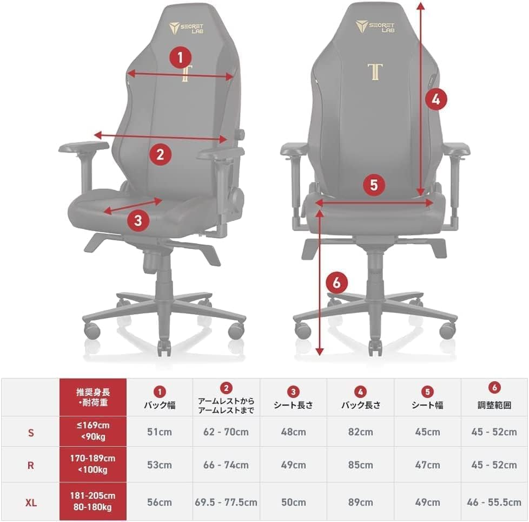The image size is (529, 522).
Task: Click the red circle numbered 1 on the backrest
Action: (x=180, y=57)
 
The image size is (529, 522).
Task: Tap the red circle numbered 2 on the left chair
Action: (x=160, y=155)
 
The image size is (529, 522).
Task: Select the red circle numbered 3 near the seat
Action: (x=138, y=220)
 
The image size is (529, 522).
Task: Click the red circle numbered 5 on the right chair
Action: (x=374, y=185)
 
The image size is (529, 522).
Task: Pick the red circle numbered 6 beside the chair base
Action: (x=336, y=282)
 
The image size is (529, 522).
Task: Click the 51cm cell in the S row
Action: (x=160, y=432)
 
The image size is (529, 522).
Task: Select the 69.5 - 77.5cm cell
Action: (x=226, y=502)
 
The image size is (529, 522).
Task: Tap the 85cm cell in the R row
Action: (x=361, y=465)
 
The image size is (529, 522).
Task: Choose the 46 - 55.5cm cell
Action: (x=494, y=502)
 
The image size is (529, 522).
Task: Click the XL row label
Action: (x=31, y=503)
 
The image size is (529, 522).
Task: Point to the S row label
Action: (x=31, y=433)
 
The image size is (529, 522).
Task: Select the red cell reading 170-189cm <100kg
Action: (x=93, y=464)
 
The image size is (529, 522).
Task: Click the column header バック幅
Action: (x=160, y=405)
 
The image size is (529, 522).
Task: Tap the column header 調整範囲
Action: (x=494, y=405)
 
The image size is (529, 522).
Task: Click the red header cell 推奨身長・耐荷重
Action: (x=93, y=397)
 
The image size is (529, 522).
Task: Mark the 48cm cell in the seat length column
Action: (x=294, y=432)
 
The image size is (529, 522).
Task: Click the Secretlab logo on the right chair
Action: (x=374, y=27)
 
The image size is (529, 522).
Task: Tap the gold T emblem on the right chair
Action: (x=375, y=71)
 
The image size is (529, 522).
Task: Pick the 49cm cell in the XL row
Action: (x=427, y=502)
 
